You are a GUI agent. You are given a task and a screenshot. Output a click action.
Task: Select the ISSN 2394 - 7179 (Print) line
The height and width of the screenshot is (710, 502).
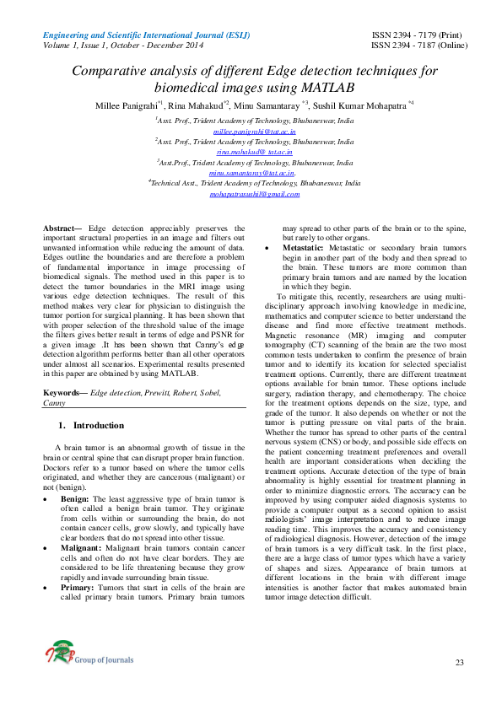417,35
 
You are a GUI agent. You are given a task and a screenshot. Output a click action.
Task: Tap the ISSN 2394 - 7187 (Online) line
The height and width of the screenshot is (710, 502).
417,45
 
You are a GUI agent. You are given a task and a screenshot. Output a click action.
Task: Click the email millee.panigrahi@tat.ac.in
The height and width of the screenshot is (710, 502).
253,132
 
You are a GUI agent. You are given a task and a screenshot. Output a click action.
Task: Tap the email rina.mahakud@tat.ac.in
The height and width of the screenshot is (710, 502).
253,152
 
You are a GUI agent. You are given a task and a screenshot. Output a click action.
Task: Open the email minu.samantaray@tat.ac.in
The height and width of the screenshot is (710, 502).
253,172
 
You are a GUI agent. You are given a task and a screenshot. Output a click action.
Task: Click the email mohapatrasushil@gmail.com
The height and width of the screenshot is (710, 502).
253,193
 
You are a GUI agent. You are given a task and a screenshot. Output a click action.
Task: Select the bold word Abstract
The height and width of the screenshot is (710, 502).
61,229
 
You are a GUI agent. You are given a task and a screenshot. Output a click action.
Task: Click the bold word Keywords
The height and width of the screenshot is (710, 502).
64,394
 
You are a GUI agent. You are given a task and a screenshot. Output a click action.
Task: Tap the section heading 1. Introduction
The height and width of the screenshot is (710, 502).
92,425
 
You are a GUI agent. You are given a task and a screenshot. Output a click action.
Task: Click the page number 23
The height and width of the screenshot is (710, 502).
459,663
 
